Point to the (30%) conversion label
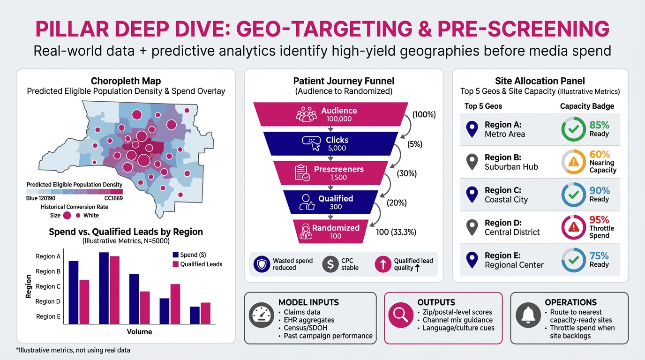[407, 174]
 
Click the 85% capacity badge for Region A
[573, 129]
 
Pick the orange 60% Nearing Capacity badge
[573, 162]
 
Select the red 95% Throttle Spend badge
[573, 228]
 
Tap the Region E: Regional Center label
[514, 260]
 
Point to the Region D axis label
[48, 301]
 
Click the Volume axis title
[139, 332]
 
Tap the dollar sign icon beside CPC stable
[330, 264]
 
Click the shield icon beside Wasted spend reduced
[262, 264]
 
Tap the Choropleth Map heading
[126, 81]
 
